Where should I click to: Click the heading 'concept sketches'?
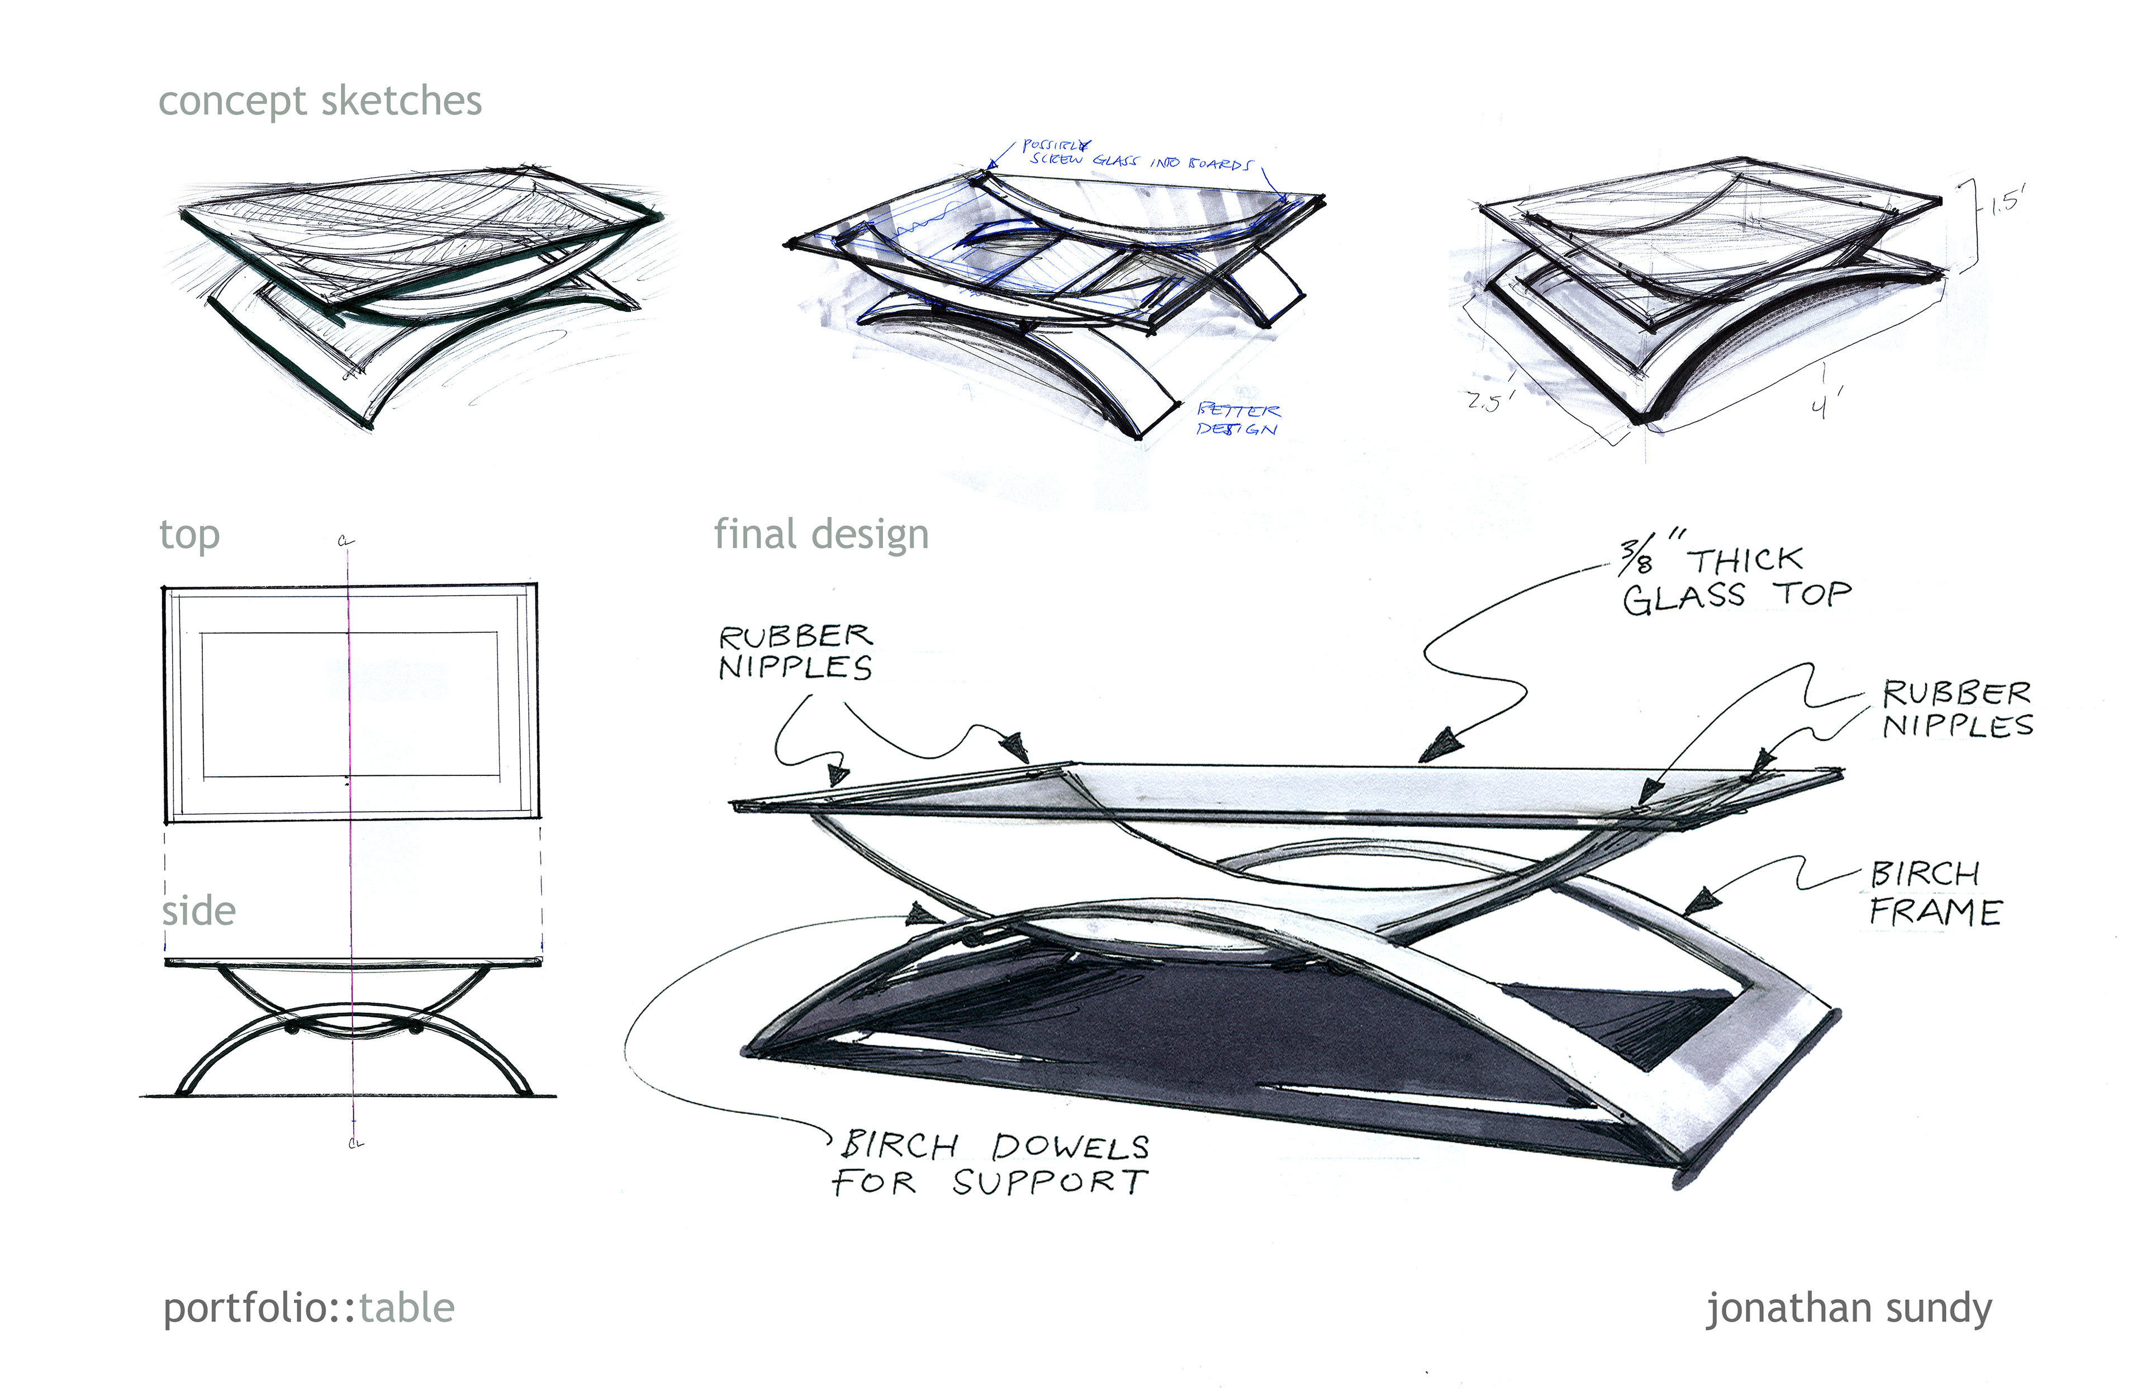[x=320, y=101]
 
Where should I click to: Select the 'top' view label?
[x=189, y=535]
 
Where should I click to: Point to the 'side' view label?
[x=198, y=911]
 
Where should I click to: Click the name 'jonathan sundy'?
[x=1849, y=1308]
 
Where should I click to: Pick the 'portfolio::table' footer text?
[x=308, y=1308]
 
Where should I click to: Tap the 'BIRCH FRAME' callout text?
[x=1934, y=893]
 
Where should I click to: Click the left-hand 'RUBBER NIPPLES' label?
[x=795, y=651]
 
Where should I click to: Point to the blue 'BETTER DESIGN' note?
[x=1237, y=419]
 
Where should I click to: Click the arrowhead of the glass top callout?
[x=1441, y=745]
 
